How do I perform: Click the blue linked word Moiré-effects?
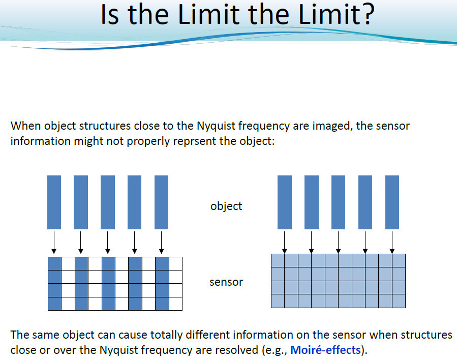[325, 350]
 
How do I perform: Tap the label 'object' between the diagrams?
[226, 206]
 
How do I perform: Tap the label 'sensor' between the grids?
[226, 282]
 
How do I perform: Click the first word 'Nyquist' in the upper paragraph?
[216, 126]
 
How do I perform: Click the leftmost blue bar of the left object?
[54, 202]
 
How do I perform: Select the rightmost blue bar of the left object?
[162, 202]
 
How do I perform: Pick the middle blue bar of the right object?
[339, 202]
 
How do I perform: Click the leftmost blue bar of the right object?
[285, 202]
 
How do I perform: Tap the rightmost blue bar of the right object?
[392, 202]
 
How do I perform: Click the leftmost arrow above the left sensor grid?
[54, 243]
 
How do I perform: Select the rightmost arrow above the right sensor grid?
[392, 243]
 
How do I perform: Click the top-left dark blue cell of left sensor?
[55, 264]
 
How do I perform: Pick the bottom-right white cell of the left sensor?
[176, 304]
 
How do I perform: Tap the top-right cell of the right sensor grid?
[399, 261]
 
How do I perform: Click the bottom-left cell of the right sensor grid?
[278, 301]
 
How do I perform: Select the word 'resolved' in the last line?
[237, 350]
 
